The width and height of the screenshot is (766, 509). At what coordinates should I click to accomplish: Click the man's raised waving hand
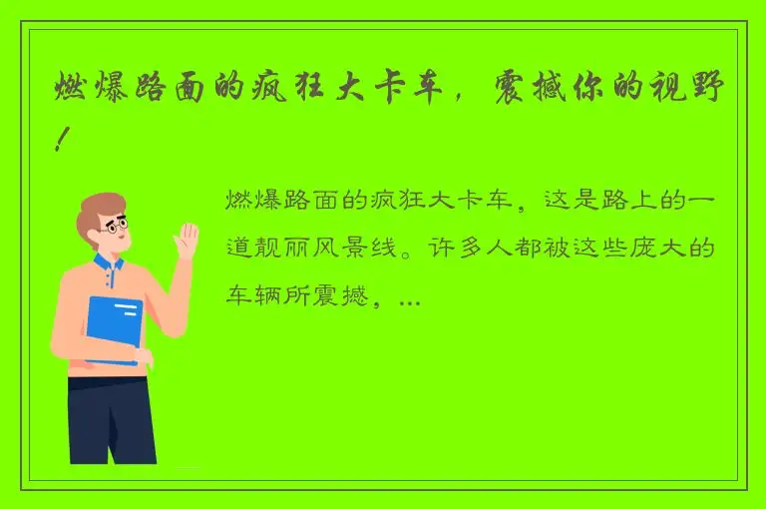point(186,243)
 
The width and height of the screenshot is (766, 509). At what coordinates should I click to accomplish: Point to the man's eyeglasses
point(117,227)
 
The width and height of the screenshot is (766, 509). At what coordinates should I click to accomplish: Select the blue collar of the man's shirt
point(108,264)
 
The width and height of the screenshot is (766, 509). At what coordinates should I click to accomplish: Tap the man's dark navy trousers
point(111,419)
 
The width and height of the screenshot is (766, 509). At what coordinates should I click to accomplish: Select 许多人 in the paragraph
point(464,250)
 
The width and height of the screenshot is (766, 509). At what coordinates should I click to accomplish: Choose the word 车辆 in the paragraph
point(250,297)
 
